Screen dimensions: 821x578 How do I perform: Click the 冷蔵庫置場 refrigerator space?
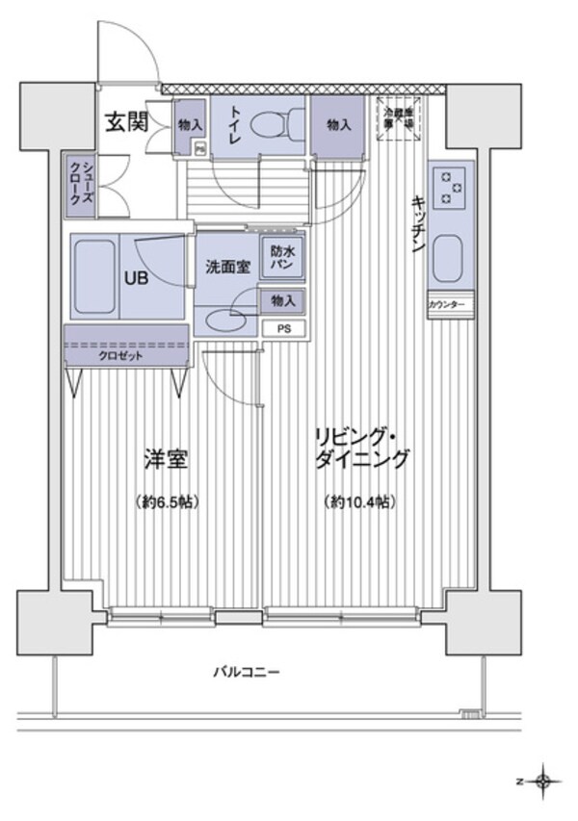click(399, 119)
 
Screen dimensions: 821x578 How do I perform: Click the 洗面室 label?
click(228, 267)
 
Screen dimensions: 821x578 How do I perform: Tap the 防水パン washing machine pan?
click(282, 256)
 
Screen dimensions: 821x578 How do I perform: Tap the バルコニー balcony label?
click(247, 671)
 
